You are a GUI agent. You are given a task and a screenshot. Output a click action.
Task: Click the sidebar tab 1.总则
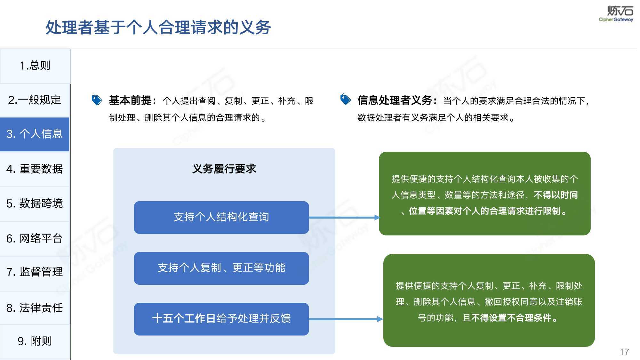(x=35, y=66)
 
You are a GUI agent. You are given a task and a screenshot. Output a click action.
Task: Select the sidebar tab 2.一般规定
(x=35, y=100)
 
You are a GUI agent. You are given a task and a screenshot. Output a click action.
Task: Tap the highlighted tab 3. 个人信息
(x=35, y=134)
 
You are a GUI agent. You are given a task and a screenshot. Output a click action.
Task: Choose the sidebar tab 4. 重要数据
(x=35, y=169)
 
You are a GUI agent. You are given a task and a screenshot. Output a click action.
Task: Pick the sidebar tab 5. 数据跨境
(x=35, y=204)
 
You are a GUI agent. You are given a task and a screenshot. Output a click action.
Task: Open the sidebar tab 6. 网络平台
(x=35, y=238)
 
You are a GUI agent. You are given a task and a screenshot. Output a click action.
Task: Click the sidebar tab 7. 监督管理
(x=35, y=272)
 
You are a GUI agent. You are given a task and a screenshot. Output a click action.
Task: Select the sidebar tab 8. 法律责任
(x=35, y=308)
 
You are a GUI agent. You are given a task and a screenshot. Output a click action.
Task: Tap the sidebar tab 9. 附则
(x=35, y=341)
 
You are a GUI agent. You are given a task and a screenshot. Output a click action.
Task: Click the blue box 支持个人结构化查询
(x=221, y=217)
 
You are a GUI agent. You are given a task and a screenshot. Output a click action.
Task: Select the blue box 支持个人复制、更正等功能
(x=221, y=268)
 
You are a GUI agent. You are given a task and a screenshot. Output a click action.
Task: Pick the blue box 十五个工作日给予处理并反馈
(x=221, y=319)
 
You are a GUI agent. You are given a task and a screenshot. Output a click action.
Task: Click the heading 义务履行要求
(x=224, y=169)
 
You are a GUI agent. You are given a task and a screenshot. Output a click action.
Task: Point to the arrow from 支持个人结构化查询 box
(x=344, y=218)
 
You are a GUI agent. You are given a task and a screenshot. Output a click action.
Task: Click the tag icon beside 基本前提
(x=97, y=100)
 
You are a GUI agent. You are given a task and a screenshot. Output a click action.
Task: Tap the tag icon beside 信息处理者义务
(x=345, y=100)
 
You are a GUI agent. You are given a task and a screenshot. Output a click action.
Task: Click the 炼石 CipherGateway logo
(x=616, y=14)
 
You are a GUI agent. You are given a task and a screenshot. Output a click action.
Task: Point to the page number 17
(x=624, y=352)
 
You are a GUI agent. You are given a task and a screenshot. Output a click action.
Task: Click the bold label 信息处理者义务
(x=395, y=100)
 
